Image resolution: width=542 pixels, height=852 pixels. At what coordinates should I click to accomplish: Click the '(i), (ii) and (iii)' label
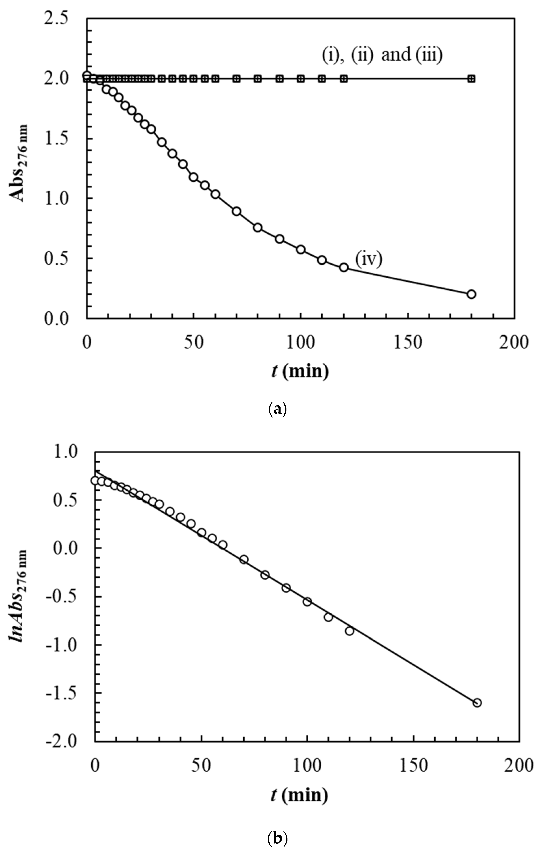tap(382, 55)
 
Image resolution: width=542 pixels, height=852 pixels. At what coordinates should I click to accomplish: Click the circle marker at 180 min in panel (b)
tap(477, 702)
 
